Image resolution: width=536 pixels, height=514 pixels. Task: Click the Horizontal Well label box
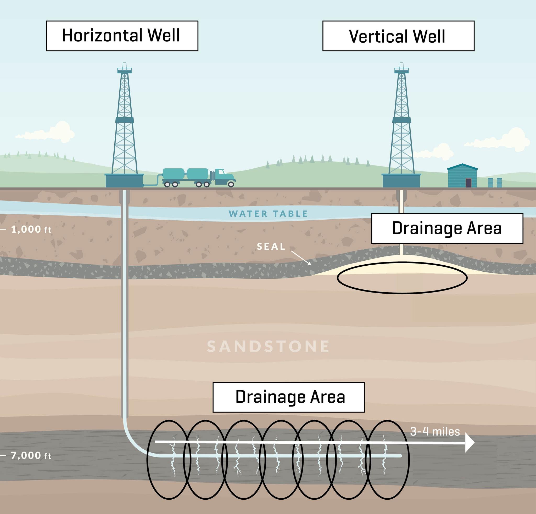pyautogui.click(x=122, y=36)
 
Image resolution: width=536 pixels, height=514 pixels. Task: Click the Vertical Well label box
pyautogui.click(x=398, y=36)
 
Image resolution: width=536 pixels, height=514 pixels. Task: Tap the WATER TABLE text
pyautogui.click(x=268, y=214)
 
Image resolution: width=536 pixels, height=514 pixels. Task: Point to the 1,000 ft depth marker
pyautogui.click(x=31, y=229)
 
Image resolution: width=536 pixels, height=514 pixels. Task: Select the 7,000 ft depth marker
pyautogui.click(x=31, y=455)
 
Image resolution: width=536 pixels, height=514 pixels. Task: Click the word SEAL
pyautogui.click(x=271, y=247)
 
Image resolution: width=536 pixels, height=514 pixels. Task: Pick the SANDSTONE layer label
pyautogui.click(x=268, y=347)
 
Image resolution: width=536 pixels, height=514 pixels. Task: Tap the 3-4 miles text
pyautogui.click(x=435, y=432)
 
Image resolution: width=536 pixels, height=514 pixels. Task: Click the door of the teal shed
pyautogui.click(x=468, y=183)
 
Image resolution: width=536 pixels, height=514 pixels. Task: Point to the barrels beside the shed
pyautogui.click(x=495, y=182)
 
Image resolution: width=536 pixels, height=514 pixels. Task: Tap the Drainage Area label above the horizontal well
pyautogui.click(x=288, y=397)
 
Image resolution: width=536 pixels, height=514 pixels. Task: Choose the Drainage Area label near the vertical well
pyautogui.click(x=447, y=228)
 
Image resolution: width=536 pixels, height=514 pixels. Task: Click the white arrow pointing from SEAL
pyautogui.click(x=301, y=258)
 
